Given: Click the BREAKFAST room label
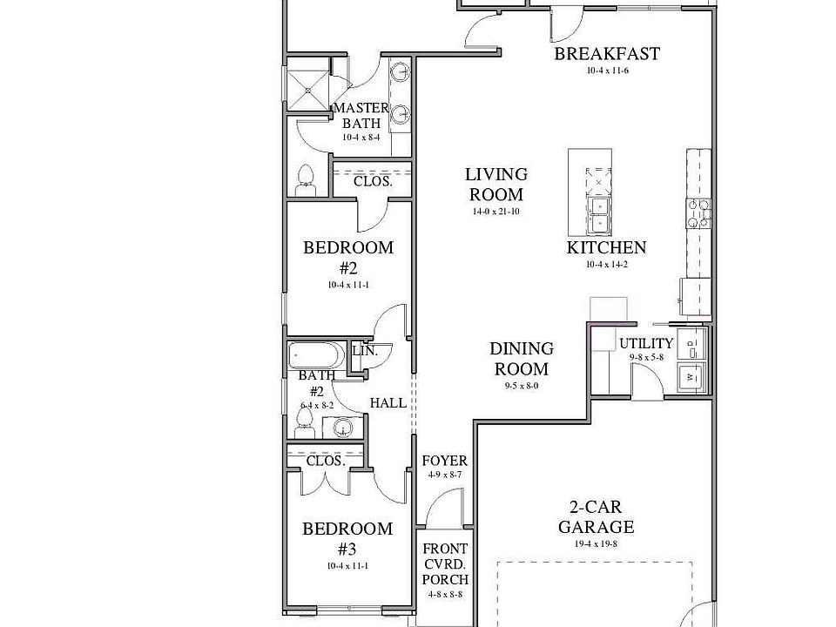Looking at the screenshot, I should click(x=607, y=54).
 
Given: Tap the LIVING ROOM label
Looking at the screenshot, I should click(x=496, y=185).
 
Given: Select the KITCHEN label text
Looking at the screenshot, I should click(x=606, y=247).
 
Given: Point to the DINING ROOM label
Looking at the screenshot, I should click(x=521, y=358).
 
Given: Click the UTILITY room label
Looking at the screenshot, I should click(x=646, y=343).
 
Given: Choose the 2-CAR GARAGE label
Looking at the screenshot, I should click(x=596, y=516).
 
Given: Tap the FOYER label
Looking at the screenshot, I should click(x=444, y=461).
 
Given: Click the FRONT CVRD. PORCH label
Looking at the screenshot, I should click(x=445, y=564).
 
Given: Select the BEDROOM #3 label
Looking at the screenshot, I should click(x=347, y=538).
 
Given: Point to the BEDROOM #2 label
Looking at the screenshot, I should click(x=347, y=257).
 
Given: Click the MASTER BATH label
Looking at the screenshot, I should click(x=361, y=116).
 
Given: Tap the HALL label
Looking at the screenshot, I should click(x=388, y=403).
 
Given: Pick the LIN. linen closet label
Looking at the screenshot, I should click(x=364, y=351).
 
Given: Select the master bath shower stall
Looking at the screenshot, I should click(x=309, y=88).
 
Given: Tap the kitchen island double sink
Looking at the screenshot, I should click(x=598, y=215).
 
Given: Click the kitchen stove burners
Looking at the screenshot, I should click(x=699, y=210).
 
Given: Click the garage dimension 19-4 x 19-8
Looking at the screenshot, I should click(x=596, y=543).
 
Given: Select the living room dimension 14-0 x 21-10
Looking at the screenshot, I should click(x=496, y=212).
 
